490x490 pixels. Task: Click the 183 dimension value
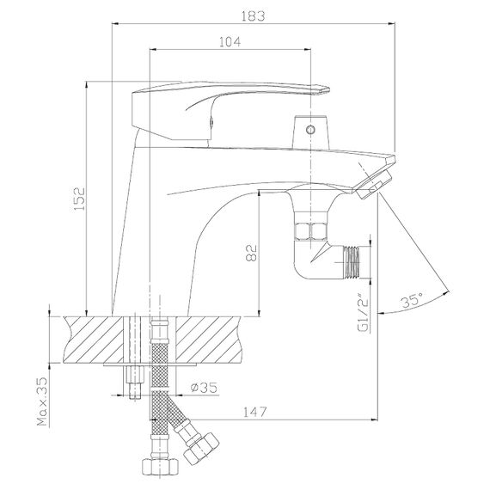click(253, 16)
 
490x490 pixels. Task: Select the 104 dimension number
click(230, 42)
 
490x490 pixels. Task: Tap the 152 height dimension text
click(79, 199)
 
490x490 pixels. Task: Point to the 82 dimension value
click(252, 253)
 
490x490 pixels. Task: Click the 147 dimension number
click(254, 412)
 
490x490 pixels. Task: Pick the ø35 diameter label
click(204, 388)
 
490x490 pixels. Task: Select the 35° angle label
click(412, 301)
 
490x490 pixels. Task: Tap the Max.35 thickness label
click(42, 401)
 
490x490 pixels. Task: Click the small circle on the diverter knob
click(310, 129)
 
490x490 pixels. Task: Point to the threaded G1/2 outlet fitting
click(352, 262)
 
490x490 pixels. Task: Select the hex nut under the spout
click(311, 231)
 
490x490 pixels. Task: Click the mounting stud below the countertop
click(135, 383)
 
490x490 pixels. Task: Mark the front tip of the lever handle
click(329, 90)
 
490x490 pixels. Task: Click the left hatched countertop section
click(94, 340)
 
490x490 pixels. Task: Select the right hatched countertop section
click(209, 340)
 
